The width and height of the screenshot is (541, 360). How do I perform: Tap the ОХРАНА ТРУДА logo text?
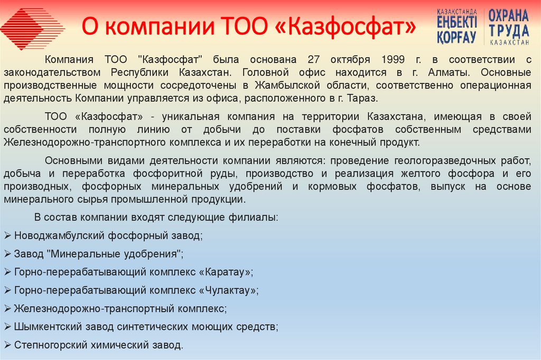click(x=508, y=25)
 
